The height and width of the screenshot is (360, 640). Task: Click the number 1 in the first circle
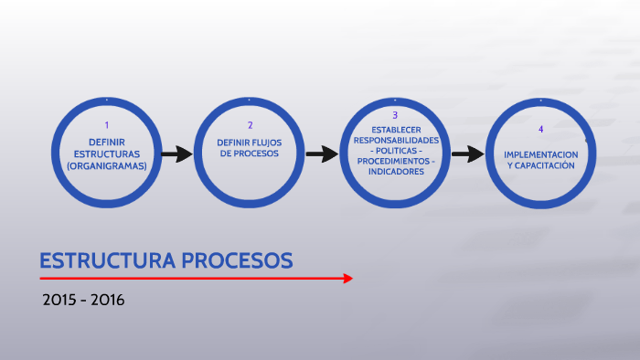107,125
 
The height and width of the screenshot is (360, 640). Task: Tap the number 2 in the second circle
250,125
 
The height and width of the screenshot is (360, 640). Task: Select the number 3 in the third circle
395,115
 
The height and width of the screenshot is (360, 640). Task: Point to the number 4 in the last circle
540,130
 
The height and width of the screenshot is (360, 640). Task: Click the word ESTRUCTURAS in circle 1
107,154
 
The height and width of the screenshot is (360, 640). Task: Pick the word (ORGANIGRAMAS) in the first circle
107,166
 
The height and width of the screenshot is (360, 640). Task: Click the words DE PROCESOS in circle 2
248,154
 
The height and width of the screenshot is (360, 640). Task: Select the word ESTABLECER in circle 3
396,129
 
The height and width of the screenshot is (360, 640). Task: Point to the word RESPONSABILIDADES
396,140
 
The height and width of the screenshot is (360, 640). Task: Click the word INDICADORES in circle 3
396,172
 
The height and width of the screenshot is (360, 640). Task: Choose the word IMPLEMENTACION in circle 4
541,154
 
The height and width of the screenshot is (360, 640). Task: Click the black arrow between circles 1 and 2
176,154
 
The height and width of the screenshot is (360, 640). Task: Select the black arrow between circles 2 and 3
322,154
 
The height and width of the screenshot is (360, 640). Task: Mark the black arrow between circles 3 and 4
467,154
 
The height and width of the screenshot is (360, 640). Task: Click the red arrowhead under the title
347,278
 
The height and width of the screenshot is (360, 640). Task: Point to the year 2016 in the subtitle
107,300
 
